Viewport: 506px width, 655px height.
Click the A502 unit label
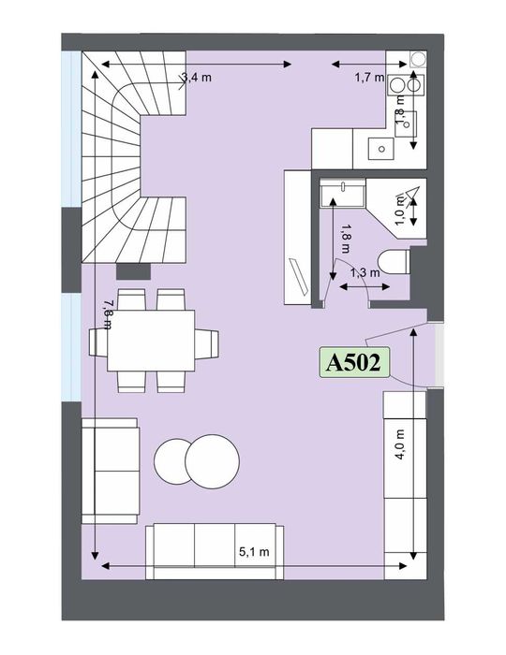pyautogui.click(x=355, y=363)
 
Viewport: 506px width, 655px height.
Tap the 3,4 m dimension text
pyautogui.click(x=196, y=78)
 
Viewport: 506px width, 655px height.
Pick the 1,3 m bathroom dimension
pyautogui.click(x=365, y=272)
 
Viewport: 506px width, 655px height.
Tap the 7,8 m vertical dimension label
pyautogui.click(x=107, y=313)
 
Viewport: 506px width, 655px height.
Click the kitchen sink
pyautogui.click(x=380, y=147)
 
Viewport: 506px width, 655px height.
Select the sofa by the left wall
pyautogui.click(x=111, y=472)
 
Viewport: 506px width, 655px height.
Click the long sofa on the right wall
pyautogui.click(x=405, y=472)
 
